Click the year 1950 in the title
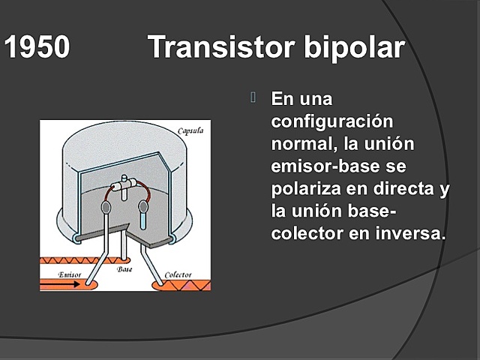[x=37, y=48]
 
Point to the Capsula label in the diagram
[x=191, y=132]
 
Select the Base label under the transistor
[x=125, y=268]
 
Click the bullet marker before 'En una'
[x=253, y=97]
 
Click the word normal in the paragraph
[x=299, y=142]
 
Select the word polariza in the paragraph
[x=305, y=187]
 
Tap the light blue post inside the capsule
[x=143, y=217]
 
